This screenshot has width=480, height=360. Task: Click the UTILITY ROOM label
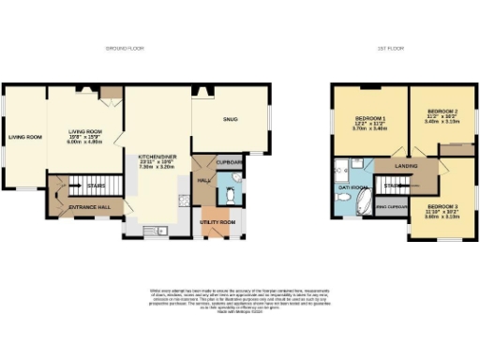217,222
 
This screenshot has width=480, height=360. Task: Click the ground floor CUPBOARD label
230,162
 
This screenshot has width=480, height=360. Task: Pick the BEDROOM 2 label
438,110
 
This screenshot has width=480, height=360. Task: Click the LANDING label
406,166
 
